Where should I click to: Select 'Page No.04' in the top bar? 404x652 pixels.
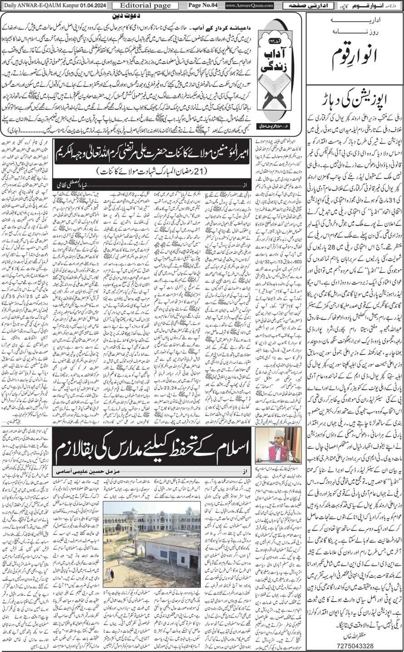[203, 5]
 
